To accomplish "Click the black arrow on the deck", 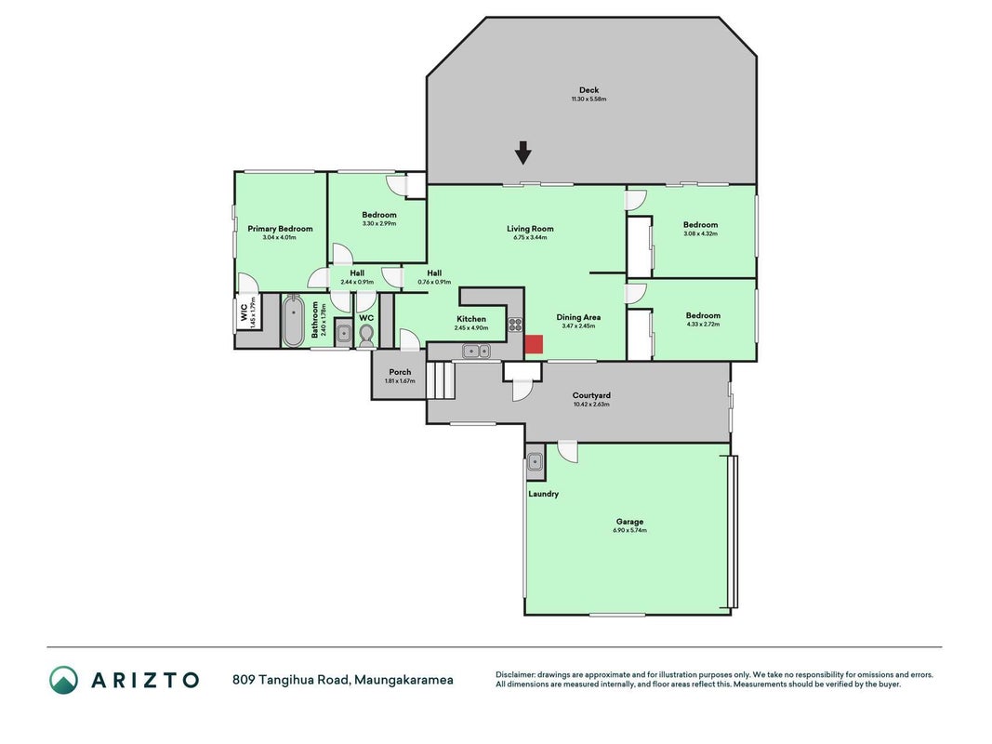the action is [x=522, y=153].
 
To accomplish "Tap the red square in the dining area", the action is [x=534, y=343].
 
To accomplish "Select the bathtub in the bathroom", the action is [x=293, y=322].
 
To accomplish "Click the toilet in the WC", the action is [x=366, y=336].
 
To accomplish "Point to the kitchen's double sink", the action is [x=476, y=351].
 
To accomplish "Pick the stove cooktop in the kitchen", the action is [x=515, y=325].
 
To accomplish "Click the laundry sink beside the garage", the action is [x=535, y=462].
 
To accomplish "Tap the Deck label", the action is [x=589, y=90].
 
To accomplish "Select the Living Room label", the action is [x=530, y=229].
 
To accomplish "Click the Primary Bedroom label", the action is [x=280, y=229].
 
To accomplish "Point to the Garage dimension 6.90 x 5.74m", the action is [x=629, y=530].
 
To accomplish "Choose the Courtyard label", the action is [x=591, y=394].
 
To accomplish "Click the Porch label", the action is [x=400, y=372].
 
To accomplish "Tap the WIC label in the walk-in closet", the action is [x=245, y=312].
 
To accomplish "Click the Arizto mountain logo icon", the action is [x=64, y=680].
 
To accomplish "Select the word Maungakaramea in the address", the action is [x=403, y=680].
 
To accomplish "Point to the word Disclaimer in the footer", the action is [x=516, y=675].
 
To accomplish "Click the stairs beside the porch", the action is [x=441, y=379].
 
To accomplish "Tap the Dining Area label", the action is [x=578, y=317].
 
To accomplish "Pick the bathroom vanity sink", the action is [x=344, y=333].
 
